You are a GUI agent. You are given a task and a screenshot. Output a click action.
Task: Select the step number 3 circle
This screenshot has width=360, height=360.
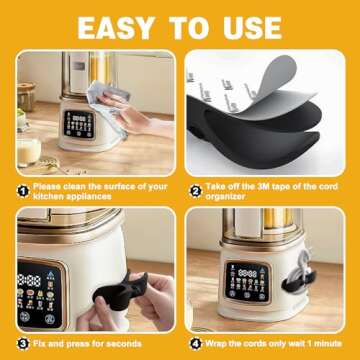pos(22,343)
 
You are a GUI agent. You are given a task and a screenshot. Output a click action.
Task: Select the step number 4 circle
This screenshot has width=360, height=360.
pos(195,343)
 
